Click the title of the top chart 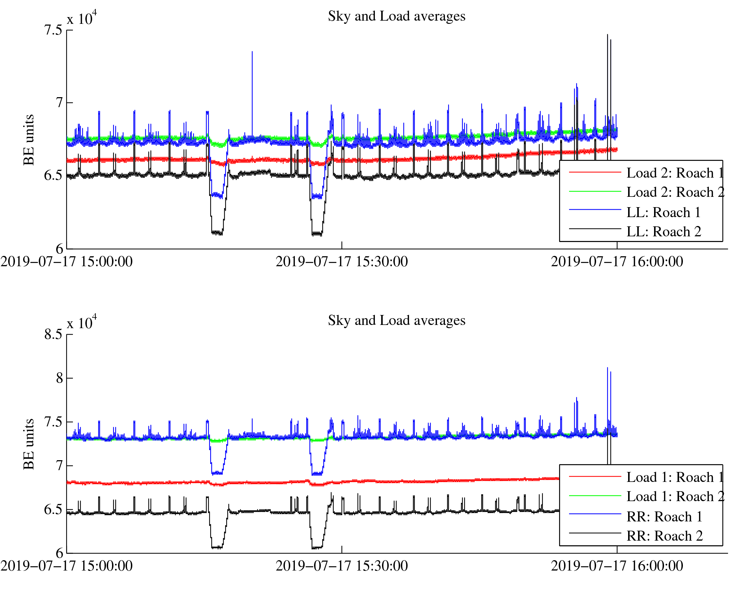[x=396, y=16]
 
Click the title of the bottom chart [x=396, y=321]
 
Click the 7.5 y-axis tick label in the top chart [x=53, y=30]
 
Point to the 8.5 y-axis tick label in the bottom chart [x=53, y=335]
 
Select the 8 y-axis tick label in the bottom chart [x=59, y=378]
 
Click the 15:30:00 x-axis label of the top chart [x=341, y=262]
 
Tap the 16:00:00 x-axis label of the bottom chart [x=617, y=566]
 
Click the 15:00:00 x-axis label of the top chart [x=67, y=262]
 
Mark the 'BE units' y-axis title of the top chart [x=29, y=140]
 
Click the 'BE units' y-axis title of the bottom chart [x=29, y=444]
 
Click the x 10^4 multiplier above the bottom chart [x=82, y=322]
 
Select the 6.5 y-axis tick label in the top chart [x=53, y=176]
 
